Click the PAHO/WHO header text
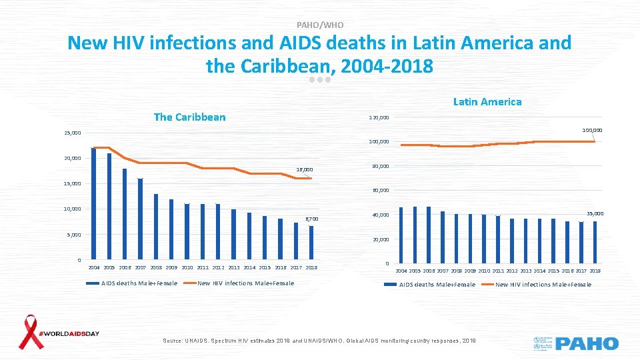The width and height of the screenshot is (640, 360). pyautogui.click(x=319, y=25)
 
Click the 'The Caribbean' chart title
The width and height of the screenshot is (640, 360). pyautogui.click(x=189, y=117)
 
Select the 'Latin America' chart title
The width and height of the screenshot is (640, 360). pyautogui.click(x=487, y=102)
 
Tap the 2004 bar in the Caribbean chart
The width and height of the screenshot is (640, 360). pyautogui.click(x=94, y=203)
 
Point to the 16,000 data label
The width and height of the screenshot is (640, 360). pyautogui.click(x=304, y=169)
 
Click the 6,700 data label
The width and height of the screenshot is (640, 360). pyautogui.click(x=311, y=219)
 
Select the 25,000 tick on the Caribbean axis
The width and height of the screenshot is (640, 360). pyautogui.click(x=72, y=133)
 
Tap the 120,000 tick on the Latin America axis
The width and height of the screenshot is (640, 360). pyautogui.click(x=379, y=118)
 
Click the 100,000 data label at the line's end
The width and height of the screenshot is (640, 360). pyautogui.click(x=591, y=130)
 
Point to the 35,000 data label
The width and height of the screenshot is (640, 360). pyautogui.click(x=595, y=213)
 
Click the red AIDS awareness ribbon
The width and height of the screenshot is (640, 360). pyautogui.click(x=30, y=331)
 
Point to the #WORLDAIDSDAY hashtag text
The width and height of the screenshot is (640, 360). pyautogui.click(x=69, y=333)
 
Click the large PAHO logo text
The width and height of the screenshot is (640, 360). pyautogui.click(x=587, y=344)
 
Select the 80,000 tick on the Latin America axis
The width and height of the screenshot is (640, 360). pyautogui.click(x=379, y=166)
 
